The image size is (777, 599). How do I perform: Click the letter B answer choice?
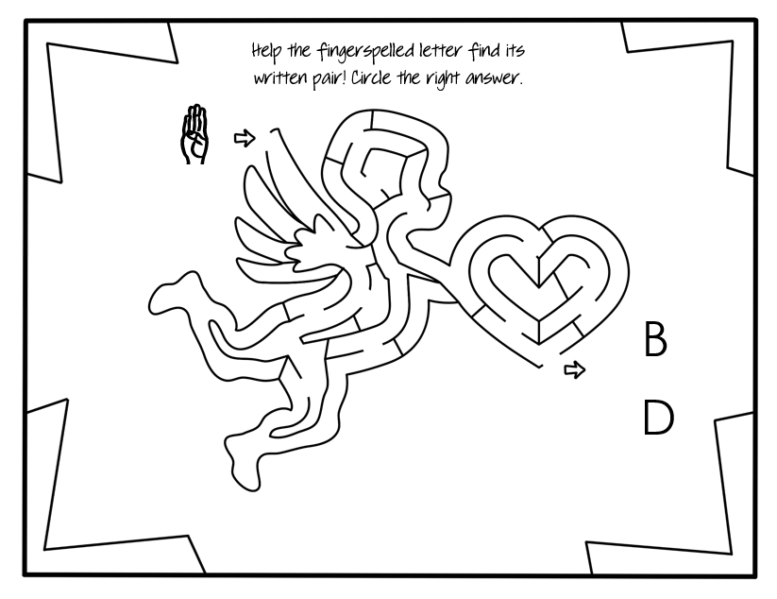[x=654, y=339]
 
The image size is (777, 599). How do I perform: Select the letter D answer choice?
[x=658, y=418]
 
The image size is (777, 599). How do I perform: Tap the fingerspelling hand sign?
[x=194, y=136]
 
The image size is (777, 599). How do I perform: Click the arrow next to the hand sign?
[x=245, y=139]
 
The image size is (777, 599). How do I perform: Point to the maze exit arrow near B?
[x=574, y=369]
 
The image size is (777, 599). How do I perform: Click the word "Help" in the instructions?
[x=268, y=50]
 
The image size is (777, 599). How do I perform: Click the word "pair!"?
[x=326, y=78]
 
